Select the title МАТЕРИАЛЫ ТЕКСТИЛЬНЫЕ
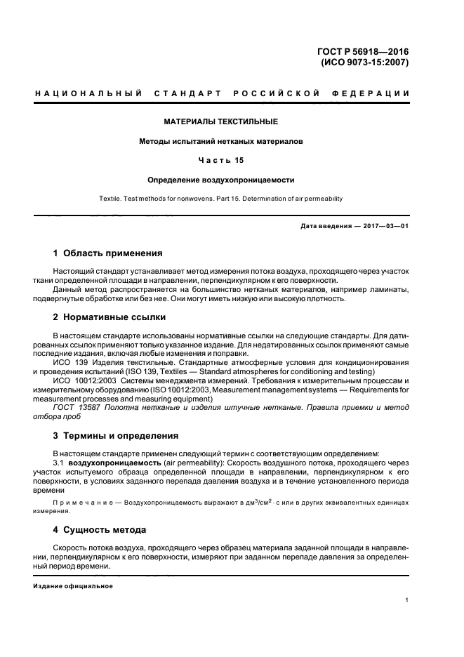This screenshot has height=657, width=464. point(221,121)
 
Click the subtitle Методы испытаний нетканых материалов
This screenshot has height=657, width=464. point(221,141)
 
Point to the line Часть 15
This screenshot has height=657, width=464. point(221,160)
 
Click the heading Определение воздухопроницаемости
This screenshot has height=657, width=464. point(221,179)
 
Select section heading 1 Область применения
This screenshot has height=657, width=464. point(108,253)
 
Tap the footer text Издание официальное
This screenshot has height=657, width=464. point(74,585)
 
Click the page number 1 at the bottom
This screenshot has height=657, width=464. point(407,600)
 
